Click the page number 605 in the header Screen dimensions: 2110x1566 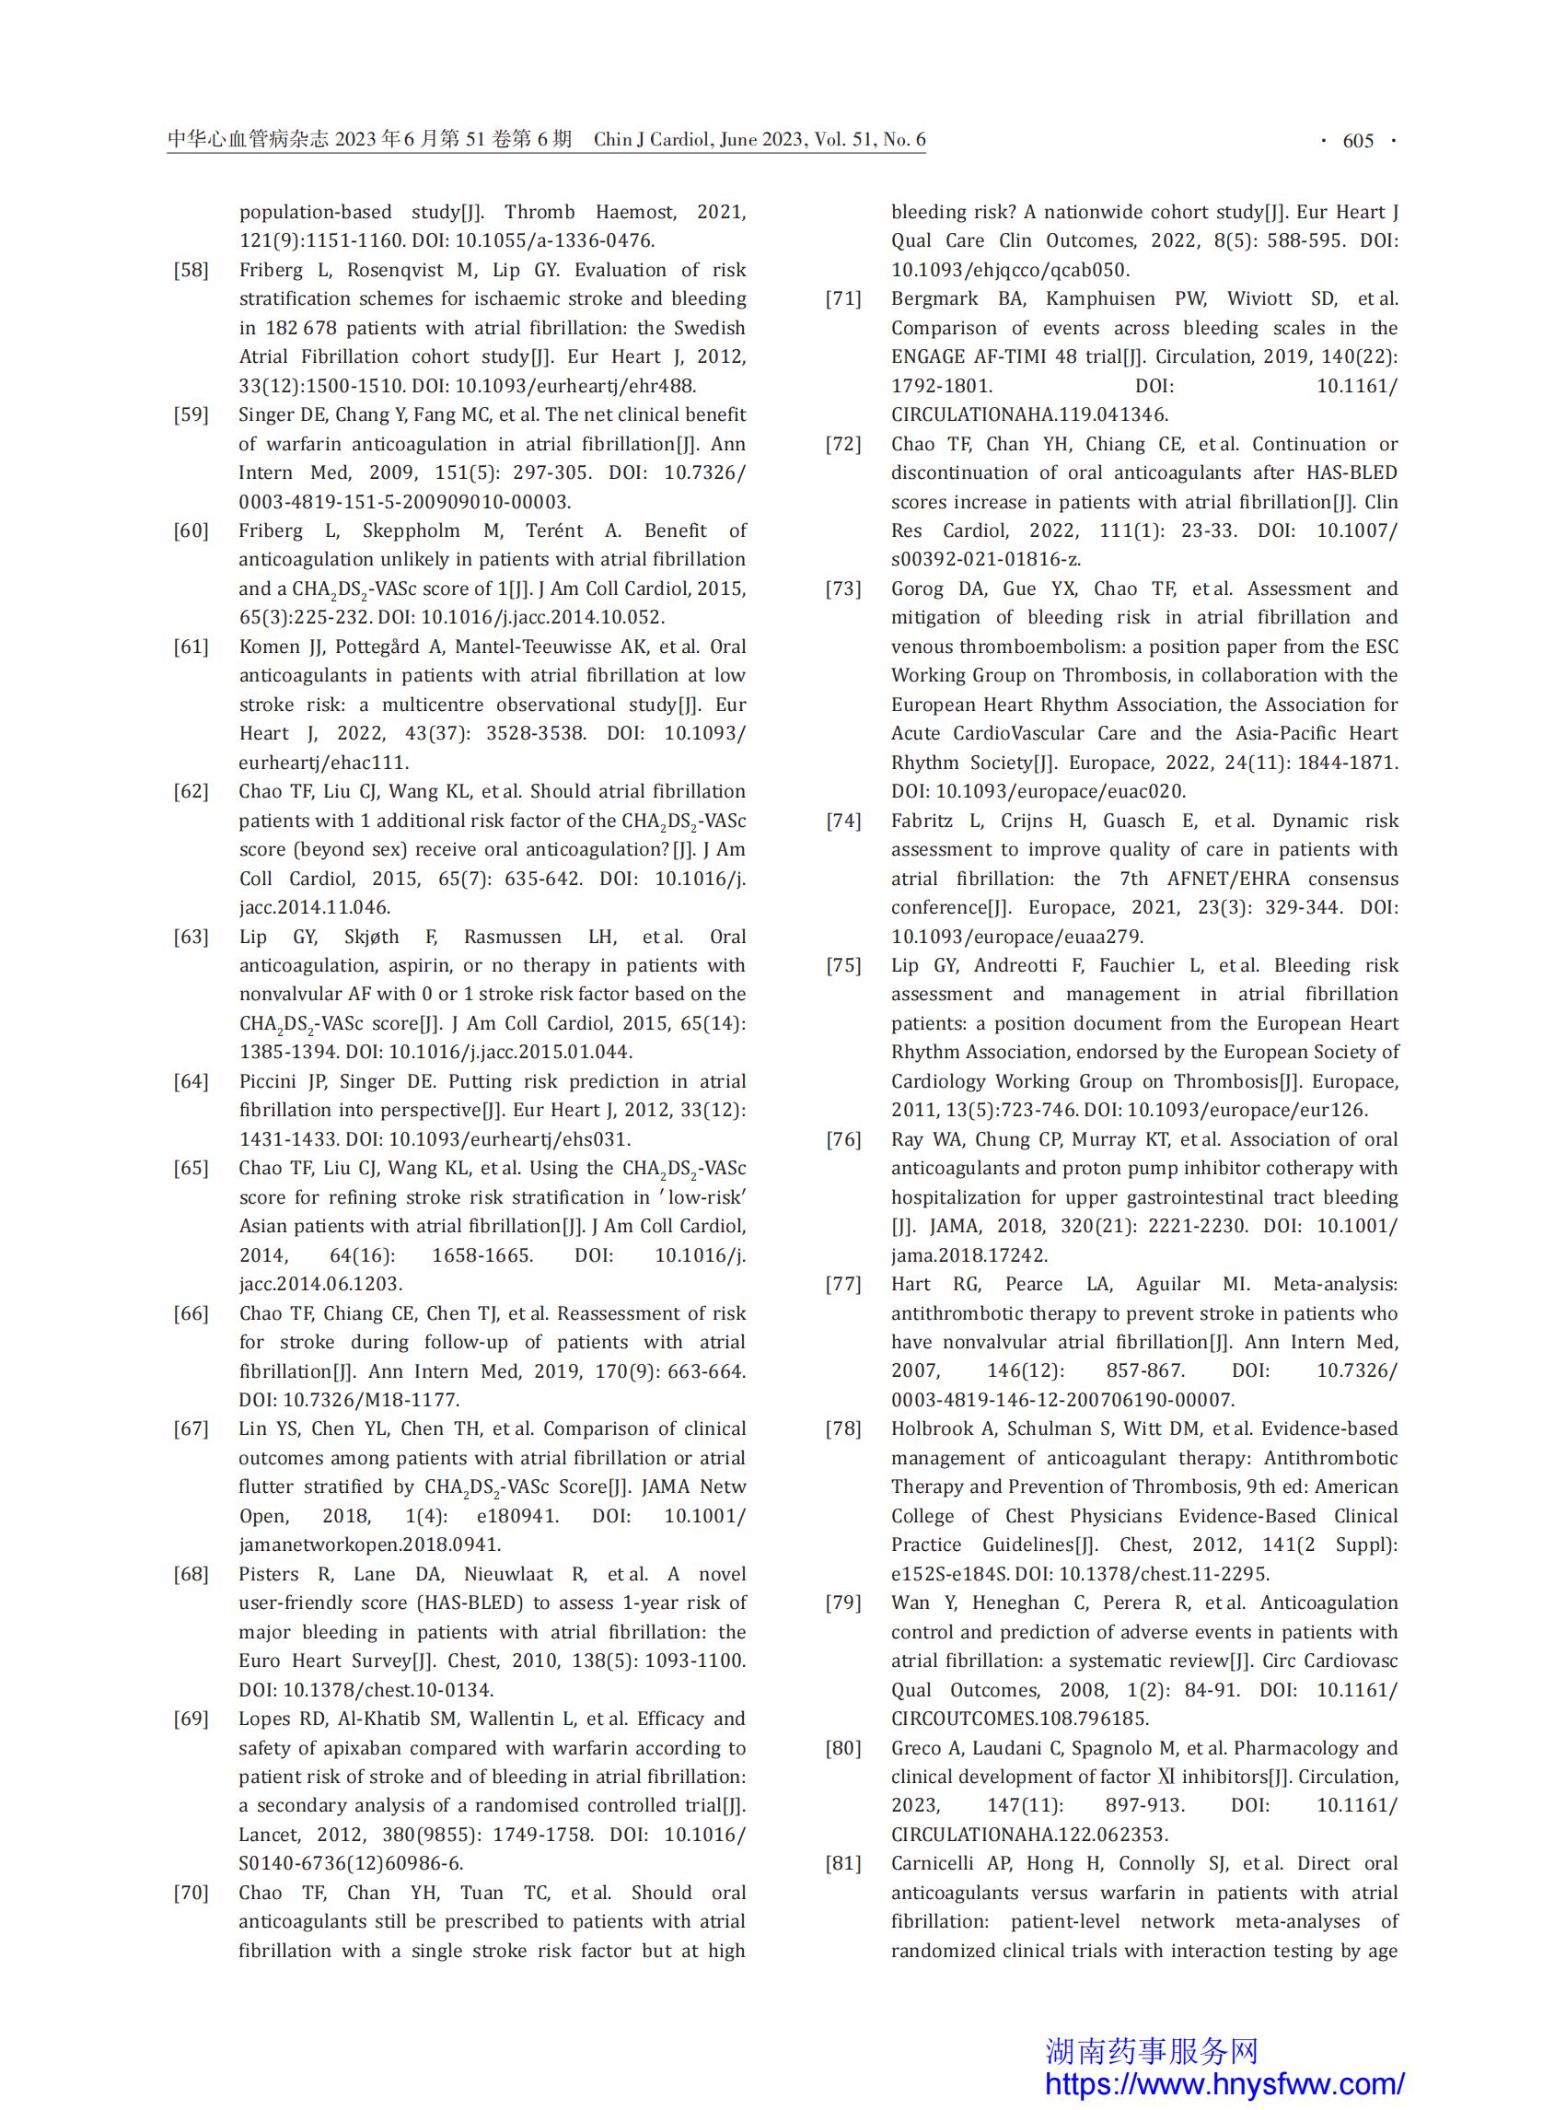[1357, 140]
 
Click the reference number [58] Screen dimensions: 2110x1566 [191, 270]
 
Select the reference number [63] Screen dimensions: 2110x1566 [191, 937]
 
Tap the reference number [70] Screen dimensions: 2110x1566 [191, 1893]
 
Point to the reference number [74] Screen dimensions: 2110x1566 [842, 822]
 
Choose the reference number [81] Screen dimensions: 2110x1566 [842, 1863]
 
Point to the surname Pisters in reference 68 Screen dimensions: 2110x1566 [268, 1574]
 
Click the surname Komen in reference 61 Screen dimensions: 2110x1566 [268, 647]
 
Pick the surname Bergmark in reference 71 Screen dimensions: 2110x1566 [935, 298]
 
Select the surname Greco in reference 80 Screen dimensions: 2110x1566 [917, 1748]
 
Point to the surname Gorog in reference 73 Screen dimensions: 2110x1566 [918, 589]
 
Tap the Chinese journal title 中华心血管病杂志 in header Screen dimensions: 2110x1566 [249, 139]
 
